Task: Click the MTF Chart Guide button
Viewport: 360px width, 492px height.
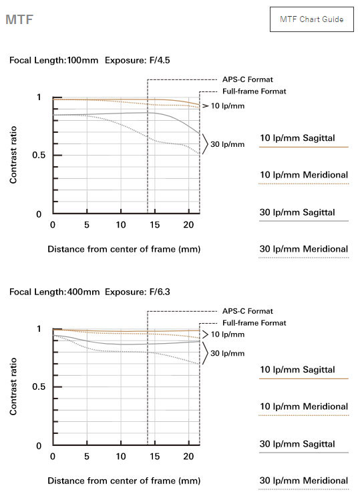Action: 312,19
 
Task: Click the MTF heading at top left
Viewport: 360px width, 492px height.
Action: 19,19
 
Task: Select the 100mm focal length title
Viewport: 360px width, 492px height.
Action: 89,60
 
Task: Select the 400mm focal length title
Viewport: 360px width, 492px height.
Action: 89,292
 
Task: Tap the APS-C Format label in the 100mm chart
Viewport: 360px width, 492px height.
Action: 248,79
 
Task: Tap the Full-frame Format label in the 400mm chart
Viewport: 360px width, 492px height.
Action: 254,323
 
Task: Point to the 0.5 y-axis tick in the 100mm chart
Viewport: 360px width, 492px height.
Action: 38,155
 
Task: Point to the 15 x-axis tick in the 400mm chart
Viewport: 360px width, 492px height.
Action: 154,456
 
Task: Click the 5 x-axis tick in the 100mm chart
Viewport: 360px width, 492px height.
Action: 87,225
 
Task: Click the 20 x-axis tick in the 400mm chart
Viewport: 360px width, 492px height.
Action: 188,456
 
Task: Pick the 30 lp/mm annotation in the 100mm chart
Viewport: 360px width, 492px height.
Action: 227,144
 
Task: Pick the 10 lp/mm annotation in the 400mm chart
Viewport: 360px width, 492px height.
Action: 227,334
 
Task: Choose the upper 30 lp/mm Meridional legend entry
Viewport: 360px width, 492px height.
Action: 303,249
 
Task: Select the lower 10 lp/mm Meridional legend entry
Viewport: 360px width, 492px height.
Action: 303,407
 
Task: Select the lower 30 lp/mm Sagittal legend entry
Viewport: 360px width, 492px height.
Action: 297,444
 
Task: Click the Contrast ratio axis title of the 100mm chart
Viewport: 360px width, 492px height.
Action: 13,155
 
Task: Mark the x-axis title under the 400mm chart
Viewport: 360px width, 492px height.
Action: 124,481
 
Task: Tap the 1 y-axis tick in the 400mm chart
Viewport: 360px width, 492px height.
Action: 39,329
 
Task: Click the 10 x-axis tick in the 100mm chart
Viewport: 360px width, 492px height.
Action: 121,225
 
